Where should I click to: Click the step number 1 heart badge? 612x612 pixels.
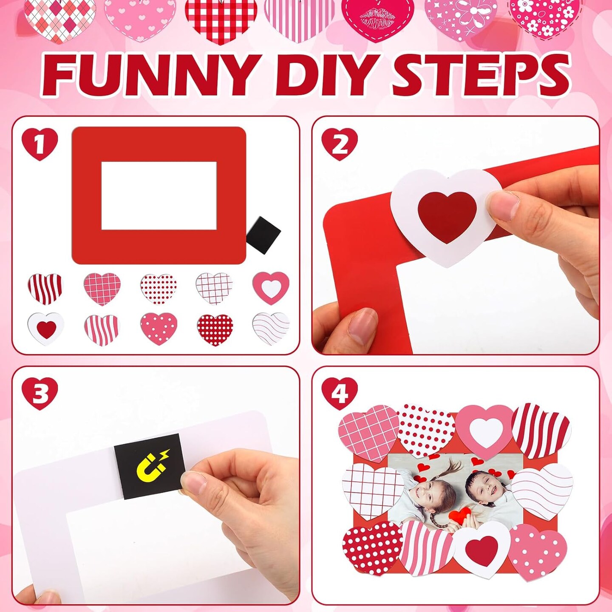(40, 144)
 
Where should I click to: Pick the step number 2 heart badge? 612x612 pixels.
(340, 144)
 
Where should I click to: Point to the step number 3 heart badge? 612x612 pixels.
(40, 394)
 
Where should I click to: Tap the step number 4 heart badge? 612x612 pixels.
(340, 394)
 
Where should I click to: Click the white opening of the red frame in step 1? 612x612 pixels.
(159, 195)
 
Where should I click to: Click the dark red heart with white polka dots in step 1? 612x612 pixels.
(215, 330)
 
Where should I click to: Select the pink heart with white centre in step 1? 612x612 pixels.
(271, 288)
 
